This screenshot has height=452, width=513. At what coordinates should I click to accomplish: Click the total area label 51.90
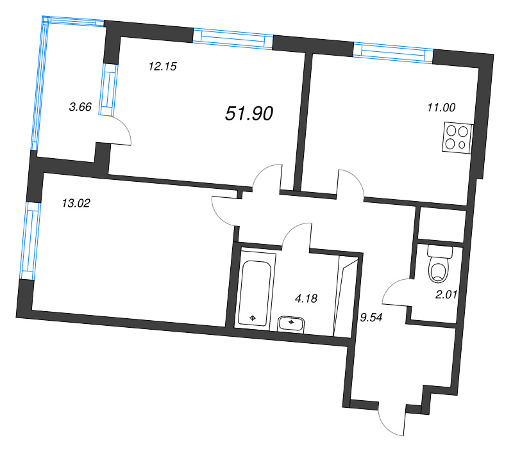249,114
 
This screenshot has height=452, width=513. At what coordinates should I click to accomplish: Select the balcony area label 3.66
80,108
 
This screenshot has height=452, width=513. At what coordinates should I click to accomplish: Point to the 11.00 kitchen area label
441,108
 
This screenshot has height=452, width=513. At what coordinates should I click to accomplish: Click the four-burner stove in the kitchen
456,138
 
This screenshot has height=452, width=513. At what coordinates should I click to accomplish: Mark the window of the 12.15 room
233,38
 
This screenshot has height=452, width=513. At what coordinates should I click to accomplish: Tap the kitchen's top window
393,52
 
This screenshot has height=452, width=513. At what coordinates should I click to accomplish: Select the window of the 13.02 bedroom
27,241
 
